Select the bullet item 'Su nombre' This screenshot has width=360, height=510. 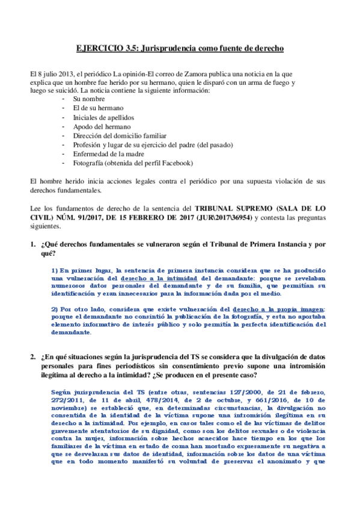pos(89,98)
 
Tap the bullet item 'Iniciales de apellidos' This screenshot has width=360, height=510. pos(103,117)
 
